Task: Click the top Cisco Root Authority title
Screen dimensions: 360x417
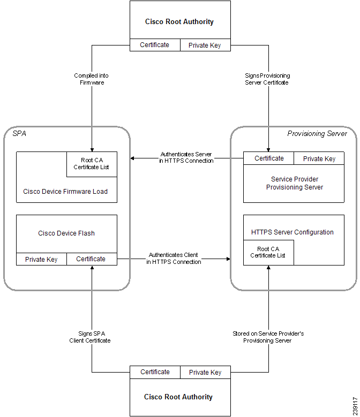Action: click(179, 21)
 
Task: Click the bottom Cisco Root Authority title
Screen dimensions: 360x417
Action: click(178, 397)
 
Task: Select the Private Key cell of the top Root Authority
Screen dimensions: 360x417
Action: click(205, 45)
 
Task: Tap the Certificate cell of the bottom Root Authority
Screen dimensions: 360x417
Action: click(155, 372)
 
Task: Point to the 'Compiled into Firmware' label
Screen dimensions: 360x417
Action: click(91, 79)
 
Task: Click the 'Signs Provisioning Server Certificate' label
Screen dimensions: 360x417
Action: click(267, 79)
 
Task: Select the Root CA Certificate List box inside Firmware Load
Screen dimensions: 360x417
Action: click(92, 164)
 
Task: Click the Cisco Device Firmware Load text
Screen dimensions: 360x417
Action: click(65, 192)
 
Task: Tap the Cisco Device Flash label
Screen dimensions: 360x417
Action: click(66, 233)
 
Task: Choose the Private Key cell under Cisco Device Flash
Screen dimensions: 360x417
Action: click(41, 259)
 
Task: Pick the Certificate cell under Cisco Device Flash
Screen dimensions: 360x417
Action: click(92, 259)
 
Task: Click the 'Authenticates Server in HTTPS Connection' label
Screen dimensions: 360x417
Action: click(186, 157)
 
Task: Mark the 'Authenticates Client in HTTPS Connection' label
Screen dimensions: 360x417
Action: click(174, 258)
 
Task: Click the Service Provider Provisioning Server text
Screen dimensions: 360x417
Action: click(295, 183)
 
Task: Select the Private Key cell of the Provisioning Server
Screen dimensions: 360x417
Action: click(319, 158)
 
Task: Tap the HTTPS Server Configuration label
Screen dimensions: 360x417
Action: click(292, 232)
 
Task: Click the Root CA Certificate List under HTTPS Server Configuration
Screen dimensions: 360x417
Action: click(268, 252)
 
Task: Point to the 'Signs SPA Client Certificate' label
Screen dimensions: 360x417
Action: click(90, 337)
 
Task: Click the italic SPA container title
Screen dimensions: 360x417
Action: click(19, 133)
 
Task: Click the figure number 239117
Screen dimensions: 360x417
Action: click(355, 406)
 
